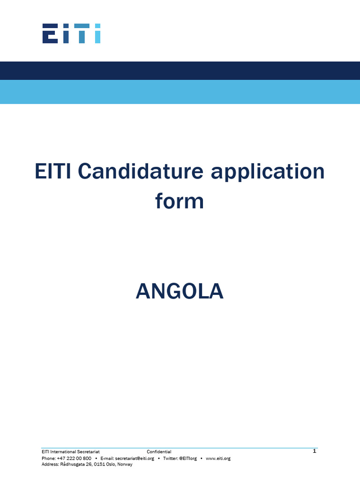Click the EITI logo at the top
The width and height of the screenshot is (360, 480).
(71, 33)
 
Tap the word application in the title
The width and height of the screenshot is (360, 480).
(268, 172)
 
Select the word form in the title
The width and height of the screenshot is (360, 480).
(180, 202)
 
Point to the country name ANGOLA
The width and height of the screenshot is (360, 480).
(180, 292)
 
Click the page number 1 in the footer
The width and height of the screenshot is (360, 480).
(315, 451)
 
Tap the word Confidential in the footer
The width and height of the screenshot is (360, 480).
(159, 452)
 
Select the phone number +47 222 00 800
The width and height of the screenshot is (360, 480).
(74, 458)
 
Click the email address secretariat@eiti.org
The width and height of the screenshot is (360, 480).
(135, 458)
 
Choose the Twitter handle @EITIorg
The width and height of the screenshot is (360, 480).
(188, 458)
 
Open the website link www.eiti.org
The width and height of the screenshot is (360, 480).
(218, 458)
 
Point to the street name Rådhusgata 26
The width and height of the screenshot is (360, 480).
(75, 464)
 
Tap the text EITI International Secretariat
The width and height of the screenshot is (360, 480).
(70, 452)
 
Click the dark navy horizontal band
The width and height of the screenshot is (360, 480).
(180, 70)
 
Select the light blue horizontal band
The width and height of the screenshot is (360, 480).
(180, 92)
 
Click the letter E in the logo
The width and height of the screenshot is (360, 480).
(50, 33)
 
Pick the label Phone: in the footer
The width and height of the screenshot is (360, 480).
(48, 458)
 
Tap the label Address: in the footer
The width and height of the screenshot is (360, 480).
(50, 464)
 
